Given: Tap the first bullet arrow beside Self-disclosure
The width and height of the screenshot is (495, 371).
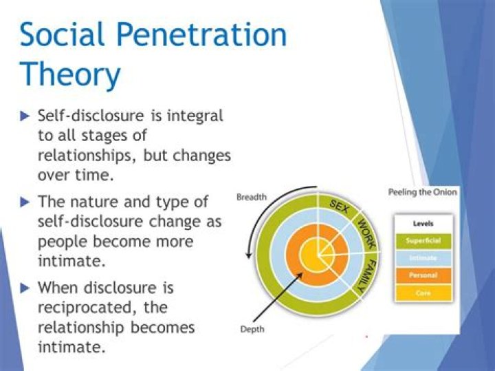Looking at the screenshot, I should pos(25,116).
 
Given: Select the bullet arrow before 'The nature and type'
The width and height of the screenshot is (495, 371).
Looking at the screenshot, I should pos(25,202).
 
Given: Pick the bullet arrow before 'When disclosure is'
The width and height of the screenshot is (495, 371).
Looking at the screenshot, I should pos(25,288).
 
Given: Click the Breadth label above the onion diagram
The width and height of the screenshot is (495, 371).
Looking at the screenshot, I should pos(252,198).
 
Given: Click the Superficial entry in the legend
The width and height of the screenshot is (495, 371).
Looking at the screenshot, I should pos(423,240).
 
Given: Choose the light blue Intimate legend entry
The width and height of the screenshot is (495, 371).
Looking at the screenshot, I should pos(423,258).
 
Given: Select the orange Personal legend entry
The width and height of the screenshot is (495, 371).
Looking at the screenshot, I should pos(423,275).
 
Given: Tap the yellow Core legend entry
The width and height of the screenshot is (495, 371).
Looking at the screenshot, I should pos(423,293).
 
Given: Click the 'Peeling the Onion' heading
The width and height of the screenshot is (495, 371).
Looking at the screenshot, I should pos(423,192).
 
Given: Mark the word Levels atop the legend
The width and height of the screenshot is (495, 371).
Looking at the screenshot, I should pos(423,224).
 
